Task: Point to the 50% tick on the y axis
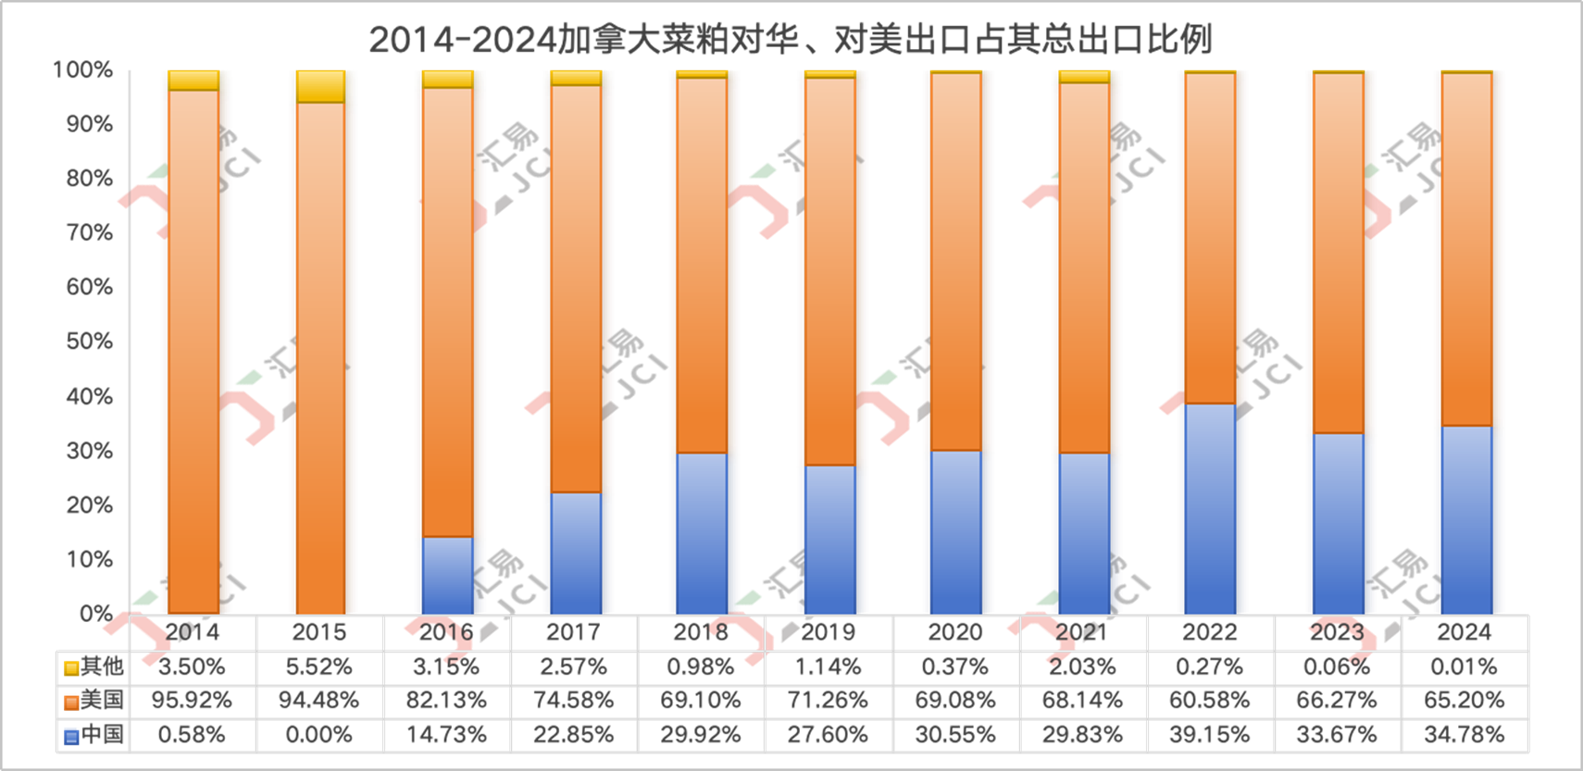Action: click(x=90, y=342)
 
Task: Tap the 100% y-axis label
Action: click(x=83, y=70)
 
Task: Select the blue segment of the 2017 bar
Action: click(x=576, y=553)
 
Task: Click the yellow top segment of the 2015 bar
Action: click(x=320, y=86)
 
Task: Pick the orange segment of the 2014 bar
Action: click(x=193, y=352)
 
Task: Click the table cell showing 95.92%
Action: click(x=192, y=701)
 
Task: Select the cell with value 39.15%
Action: click(x=1210, y=735)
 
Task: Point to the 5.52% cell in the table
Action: click(x=319, y=666)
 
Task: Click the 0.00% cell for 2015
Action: click(x=319, y=735)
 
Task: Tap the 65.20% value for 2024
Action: click(x=1465, y=701)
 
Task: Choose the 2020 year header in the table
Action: click(x=955, y=632)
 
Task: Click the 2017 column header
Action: click(x=574, y=632)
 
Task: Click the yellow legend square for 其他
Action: click(x=70, y=667)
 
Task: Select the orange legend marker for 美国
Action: click(x=70, y=702)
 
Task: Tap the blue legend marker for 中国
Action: click(x=70, y=736)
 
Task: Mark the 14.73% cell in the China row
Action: click(x=446, y=735)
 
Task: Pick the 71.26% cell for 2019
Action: click(x=829, y=701)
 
